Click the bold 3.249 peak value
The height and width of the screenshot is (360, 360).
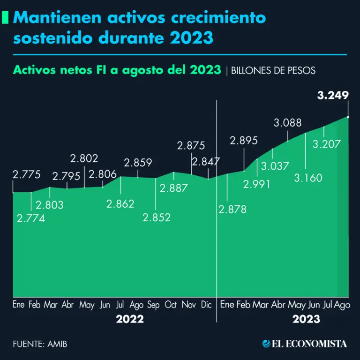(333, 96)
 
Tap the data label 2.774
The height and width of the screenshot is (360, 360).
(31, 218)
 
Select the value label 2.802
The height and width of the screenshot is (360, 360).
(84, 158)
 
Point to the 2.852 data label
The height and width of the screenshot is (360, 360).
(157, 217)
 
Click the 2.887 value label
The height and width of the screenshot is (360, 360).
(174, 188)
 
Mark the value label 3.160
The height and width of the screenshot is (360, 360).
(306, 178)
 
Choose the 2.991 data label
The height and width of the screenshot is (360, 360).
(257, 184)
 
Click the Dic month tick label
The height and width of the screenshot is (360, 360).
(206, 305)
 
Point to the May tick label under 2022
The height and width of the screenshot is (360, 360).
(87, 306)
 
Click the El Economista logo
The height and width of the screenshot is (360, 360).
(305, 344)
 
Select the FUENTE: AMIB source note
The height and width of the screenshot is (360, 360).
(40, 344)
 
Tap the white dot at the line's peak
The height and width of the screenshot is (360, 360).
(348, 116)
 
